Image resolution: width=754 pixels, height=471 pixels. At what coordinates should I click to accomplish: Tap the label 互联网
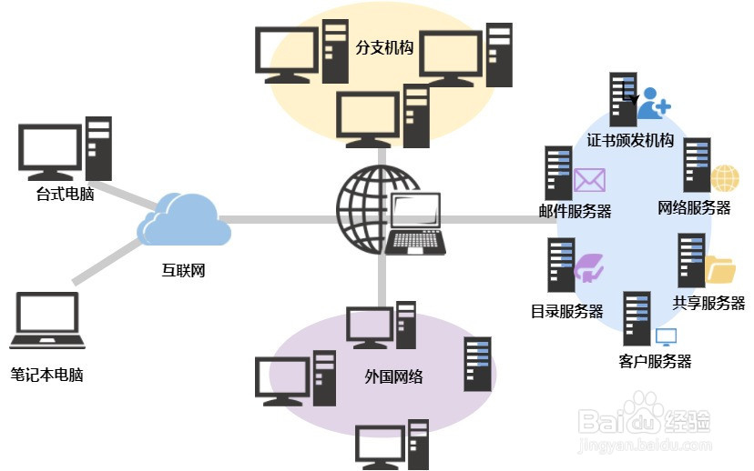(178, 270)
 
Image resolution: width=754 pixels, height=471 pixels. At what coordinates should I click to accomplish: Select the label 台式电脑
(66, 195)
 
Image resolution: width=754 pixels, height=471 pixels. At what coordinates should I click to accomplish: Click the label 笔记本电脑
(46, 374)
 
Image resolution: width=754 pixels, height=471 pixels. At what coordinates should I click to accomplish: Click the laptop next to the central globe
(415, 225)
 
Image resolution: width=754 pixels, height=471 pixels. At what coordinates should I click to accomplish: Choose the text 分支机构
(384, 48)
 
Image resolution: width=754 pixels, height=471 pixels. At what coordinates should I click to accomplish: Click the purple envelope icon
(589, 180)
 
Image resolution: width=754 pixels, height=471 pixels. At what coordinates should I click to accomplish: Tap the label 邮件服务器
(575, 211)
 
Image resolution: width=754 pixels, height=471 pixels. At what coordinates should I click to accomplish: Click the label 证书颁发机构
(630, 140)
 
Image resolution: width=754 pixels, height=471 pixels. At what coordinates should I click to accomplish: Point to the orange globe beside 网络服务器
(724, 178)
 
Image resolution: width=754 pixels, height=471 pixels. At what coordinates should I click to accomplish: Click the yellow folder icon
(720, 270)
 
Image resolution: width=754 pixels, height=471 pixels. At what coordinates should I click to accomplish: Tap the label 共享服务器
(708, 303)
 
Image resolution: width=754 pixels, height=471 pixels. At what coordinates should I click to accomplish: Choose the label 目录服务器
(566, 311)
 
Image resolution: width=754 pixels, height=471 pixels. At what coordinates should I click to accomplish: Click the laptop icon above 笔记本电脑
(47, 322)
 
